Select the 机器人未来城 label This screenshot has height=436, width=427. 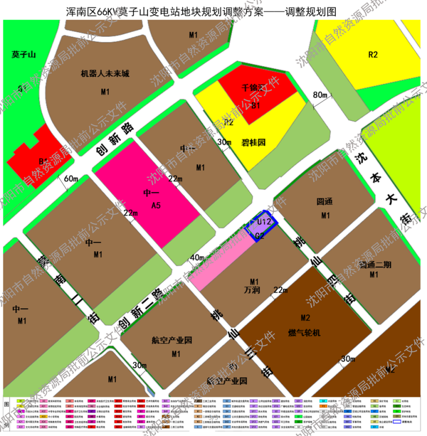click(105, 74)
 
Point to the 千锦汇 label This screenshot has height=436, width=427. click(254, 87)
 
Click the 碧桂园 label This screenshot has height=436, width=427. click(254, 142)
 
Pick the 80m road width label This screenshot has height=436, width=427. click(320, 95)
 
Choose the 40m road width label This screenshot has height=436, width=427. click(197, 258)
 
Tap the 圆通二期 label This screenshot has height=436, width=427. click(375, 265)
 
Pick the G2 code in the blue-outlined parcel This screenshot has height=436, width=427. click(260, 235)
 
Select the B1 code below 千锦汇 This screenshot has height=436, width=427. click(255, 106)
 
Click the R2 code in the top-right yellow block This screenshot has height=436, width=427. click(373, 54)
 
